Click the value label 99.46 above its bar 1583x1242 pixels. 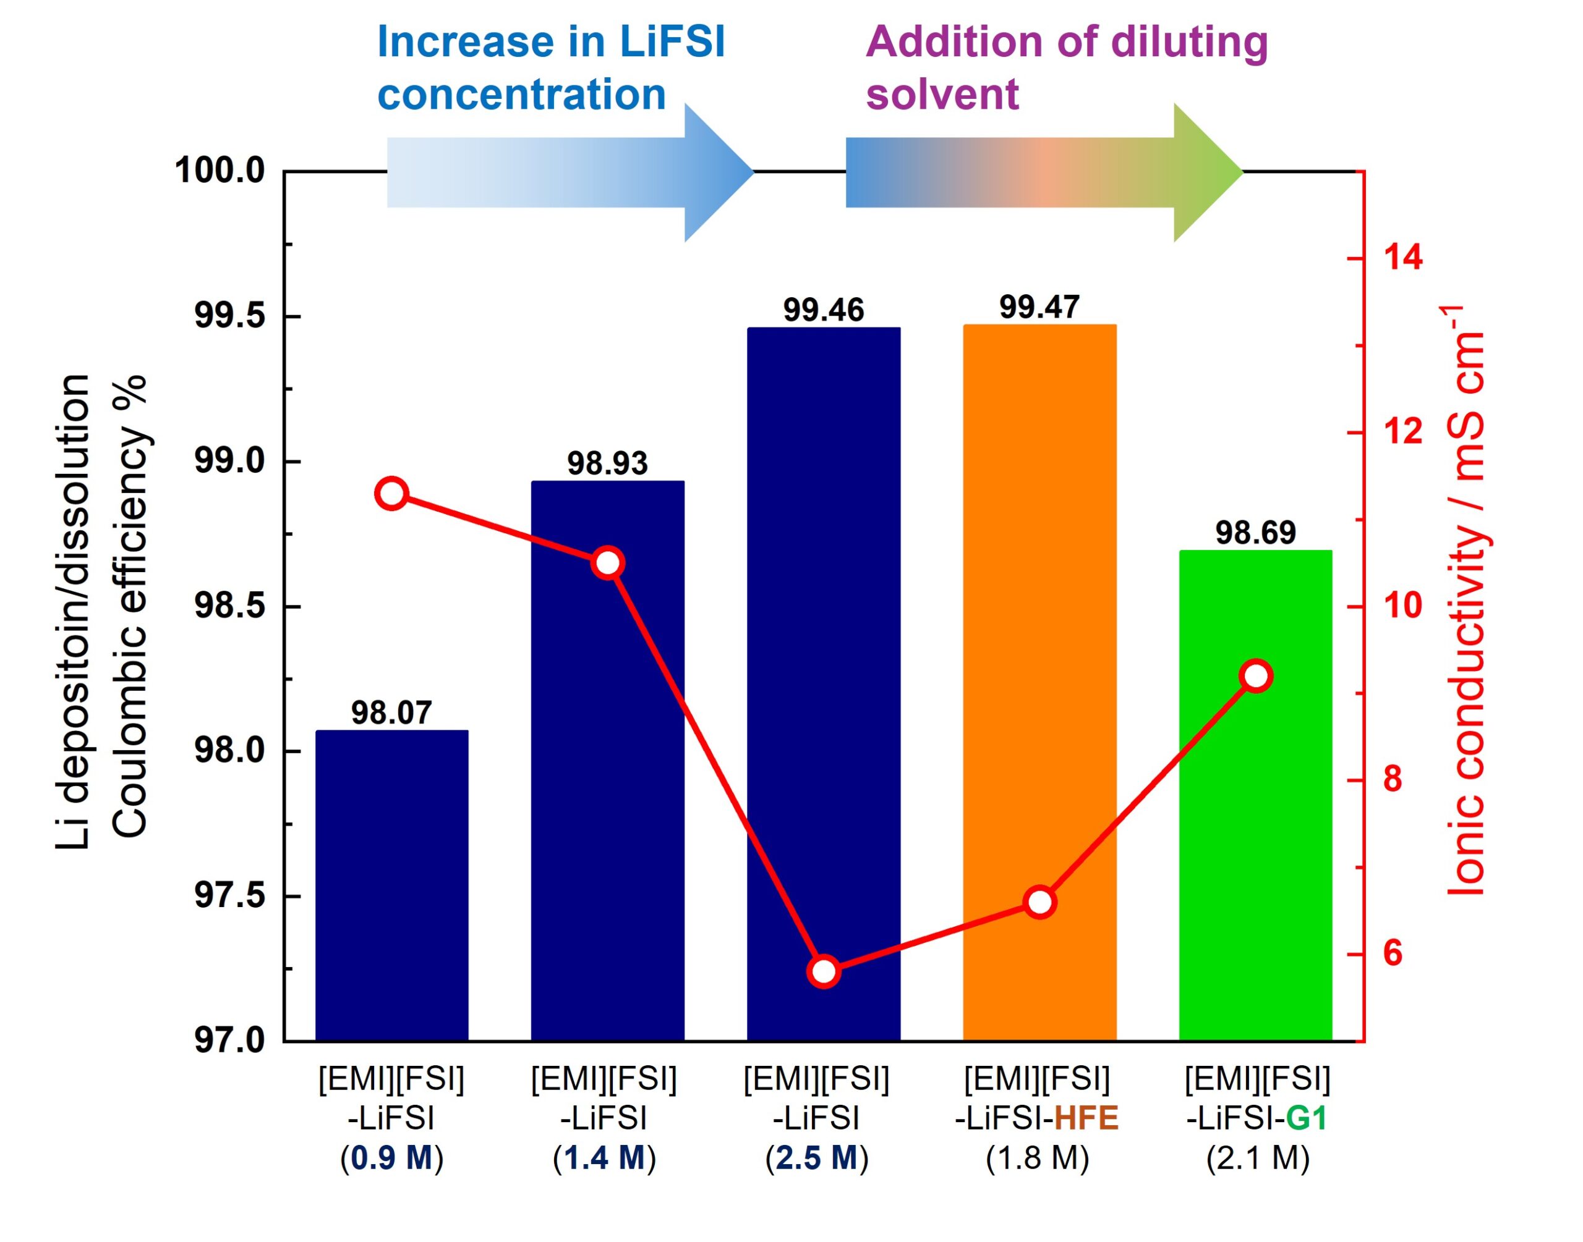tap(824, 310)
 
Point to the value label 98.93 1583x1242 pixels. tap(607, 463)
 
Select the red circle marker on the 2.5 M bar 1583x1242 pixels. tap(824, 971)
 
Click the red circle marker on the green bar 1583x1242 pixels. tap(1257, 676)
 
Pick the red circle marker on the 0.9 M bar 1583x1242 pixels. tap(391, 494)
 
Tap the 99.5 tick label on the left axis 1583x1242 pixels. tap(229, 317)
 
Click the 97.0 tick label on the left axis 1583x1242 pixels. tap(229, 1041)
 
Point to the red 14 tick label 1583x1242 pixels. tap(1402, 258)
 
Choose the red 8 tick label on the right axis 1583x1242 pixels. tap(1393, 780)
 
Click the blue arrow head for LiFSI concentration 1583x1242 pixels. tap(717, 172)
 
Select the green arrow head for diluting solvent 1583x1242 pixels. tap(1206, 172)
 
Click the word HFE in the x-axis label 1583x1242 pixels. tap(1086, 1118)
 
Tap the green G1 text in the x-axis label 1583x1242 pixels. tap(1307, 1118)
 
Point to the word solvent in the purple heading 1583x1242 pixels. tap(942, 95)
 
